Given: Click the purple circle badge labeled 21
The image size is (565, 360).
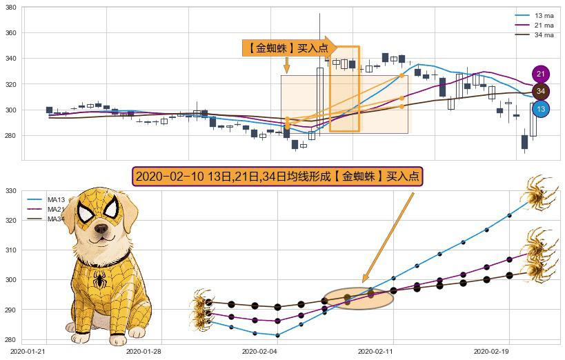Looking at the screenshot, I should [x=541, y=74].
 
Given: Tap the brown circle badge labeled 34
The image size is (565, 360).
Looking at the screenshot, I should [x=541, y=91].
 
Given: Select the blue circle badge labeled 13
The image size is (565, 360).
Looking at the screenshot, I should [x=541, y=109].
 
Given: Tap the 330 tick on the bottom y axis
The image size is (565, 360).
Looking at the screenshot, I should [x=10, y=191].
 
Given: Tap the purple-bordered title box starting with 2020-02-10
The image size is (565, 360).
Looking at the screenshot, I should [x=277, y=177].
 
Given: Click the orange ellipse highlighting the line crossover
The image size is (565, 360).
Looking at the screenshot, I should [x=357, y=298].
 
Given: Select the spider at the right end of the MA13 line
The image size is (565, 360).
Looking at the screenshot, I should [x=536, y=197].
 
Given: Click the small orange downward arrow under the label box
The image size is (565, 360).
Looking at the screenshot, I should [x=286, y=65].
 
